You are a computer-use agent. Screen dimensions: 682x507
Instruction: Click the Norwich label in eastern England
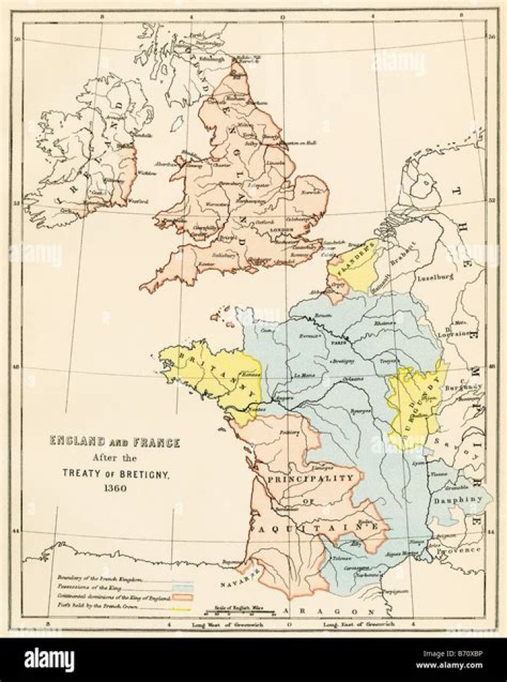point(311,192)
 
